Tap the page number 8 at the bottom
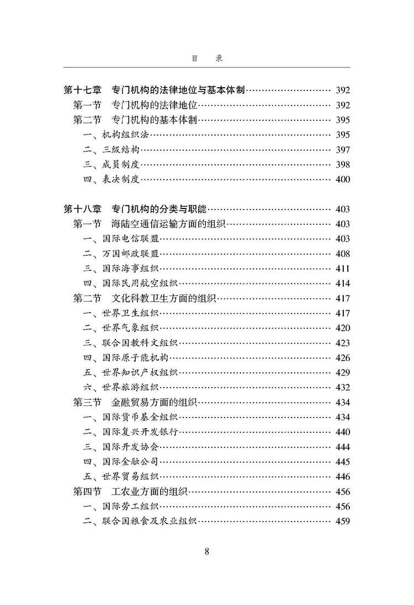(206, 552)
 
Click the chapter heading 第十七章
(83, 90)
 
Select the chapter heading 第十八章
(83, 209)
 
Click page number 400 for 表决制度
(342, 179)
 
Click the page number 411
(342, 269)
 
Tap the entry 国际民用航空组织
(138, 283)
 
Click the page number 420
(342, 328)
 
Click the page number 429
(342, 373)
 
